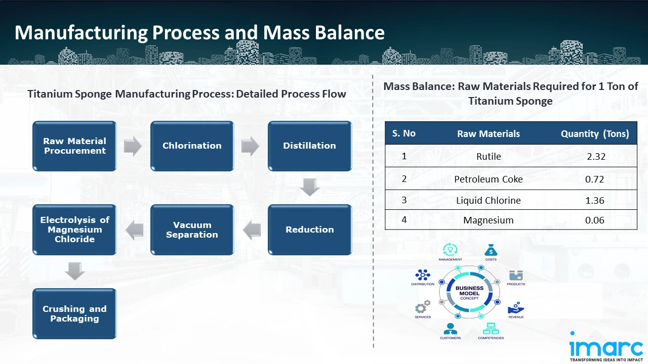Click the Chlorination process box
point(192,146)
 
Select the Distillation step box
point(309,146)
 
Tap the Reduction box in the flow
point(309,230)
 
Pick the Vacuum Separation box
point(192,230)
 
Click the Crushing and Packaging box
point(74,313)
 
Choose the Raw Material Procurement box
point(74,146)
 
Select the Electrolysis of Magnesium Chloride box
point(74,230)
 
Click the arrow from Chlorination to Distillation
point(251,146)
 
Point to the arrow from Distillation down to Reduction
point(309,188)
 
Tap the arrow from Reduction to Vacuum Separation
point(252,231)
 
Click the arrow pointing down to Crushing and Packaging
point(75,271)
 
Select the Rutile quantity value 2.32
point(596,157)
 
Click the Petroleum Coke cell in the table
point(488,179)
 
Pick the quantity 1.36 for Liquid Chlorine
point(595,201)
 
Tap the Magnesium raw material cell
point(488,220)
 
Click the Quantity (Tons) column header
point(595,134)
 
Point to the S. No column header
point(403,133)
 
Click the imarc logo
point(605,347)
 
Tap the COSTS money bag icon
point(491,250)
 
